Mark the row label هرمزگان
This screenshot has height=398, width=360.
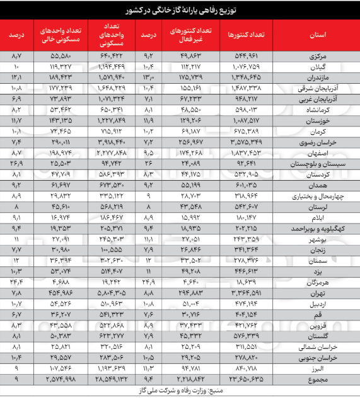(x=328, y=281)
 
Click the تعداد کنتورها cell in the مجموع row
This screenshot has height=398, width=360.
(x=245, y=380)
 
